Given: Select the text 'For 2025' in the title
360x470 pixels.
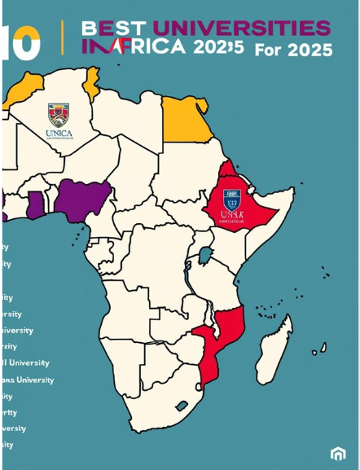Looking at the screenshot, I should tap(293, 51).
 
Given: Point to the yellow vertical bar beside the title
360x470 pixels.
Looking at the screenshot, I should tap(63, 37).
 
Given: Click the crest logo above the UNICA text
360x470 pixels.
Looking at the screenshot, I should tap(58, 114).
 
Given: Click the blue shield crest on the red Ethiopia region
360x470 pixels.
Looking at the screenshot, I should tap(232, 199).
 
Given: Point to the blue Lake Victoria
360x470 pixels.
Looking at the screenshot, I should tap(205, 255).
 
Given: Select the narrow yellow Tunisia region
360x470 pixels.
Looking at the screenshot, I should tap(92, 81).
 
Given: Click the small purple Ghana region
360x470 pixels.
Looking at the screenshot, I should tap(34, 204).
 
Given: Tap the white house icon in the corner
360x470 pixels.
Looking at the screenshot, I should tap(338, 453).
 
